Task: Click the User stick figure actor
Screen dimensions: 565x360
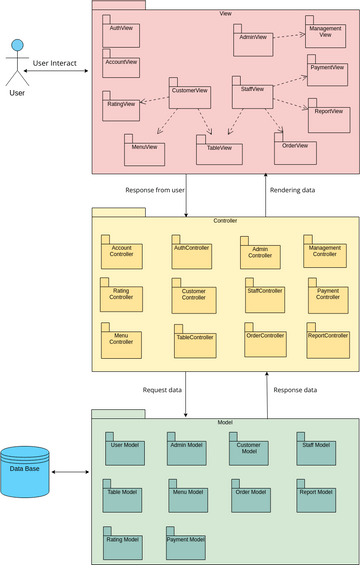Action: tap(16, 65)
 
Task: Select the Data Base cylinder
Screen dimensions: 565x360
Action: tap(25, 471)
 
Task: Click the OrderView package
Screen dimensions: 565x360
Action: tap(295, 148)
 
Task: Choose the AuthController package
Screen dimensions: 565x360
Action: tap(191, 250)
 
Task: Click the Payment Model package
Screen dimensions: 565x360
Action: tap(185, 542)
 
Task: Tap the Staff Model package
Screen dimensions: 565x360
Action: tap(316, 446)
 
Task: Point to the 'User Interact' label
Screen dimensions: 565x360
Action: tap(56, 63)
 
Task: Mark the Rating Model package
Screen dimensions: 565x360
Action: tap(123, 542)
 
